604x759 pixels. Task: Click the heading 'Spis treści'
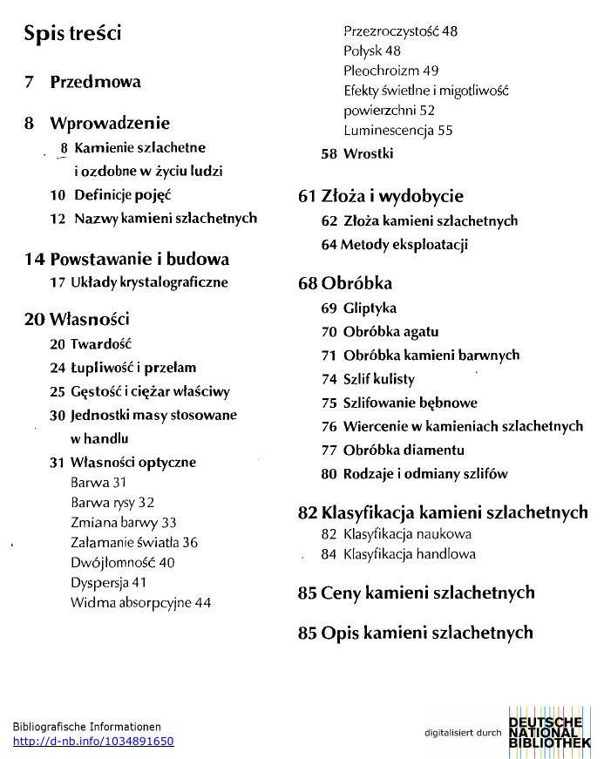72,34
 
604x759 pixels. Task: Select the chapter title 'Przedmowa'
95,82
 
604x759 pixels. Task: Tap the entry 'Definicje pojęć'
122,194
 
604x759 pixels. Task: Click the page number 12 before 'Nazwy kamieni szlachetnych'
58,218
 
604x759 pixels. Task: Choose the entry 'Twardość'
100,344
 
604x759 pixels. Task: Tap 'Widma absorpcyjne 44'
140,602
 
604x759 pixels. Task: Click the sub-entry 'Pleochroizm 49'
390,71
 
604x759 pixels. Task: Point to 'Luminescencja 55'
397,131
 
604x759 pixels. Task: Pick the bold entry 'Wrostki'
368,153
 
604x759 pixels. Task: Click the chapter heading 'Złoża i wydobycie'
391,196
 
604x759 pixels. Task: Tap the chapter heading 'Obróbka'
356,283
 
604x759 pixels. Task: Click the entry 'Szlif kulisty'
379,379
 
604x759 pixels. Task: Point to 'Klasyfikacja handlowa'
409,554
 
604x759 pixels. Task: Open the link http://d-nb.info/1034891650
93,742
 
